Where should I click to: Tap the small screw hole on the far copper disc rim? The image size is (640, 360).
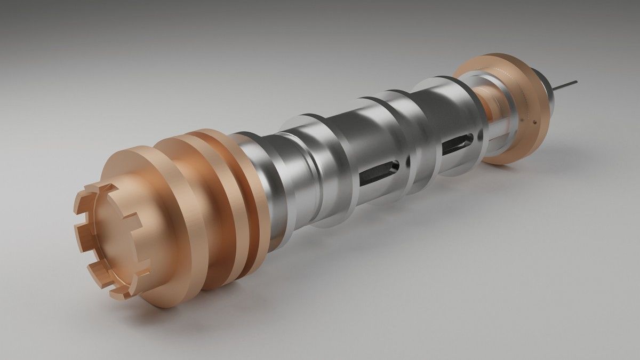coord(533,122)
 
